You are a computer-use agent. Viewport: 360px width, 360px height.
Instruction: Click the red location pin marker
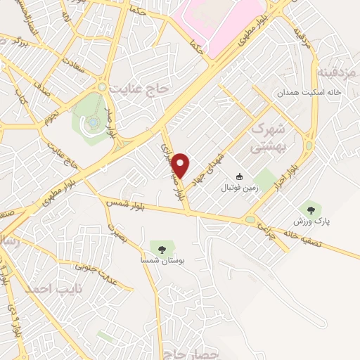pyautogui.click(x=181, y=166)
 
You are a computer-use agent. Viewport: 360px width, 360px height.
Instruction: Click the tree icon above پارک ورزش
pyautogui.click(x=310, y=208)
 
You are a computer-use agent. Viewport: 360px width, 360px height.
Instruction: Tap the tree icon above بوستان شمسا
pyautogui.click(x=162, y=249)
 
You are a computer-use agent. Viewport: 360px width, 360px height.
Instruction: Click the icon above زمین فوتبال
pyautogui.click(x=240, y=177)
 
